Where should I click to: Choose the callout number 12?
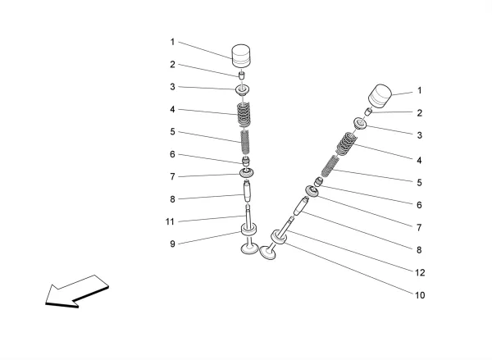pyautogui.click(x=419, y=272)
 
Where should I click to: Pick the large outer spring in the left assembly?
pyautogui.click(x=244, y=113)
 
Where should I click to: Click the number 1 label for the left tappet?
pyautogui.click(x=172, y=42)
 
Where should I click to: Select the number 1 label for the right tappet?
pyautogui.click(x=419, y=90)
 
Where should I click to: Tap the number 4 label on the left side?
pyautogui.click(x=172, y=109)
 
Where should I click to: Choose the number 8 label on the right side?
pyautogui.click(x=419, y=250)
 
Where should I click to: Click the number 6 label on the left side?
pyautogui.click(x=172, y=154)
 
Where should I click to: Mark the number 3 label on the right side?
pyautogui.click(x=419, y=135)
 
